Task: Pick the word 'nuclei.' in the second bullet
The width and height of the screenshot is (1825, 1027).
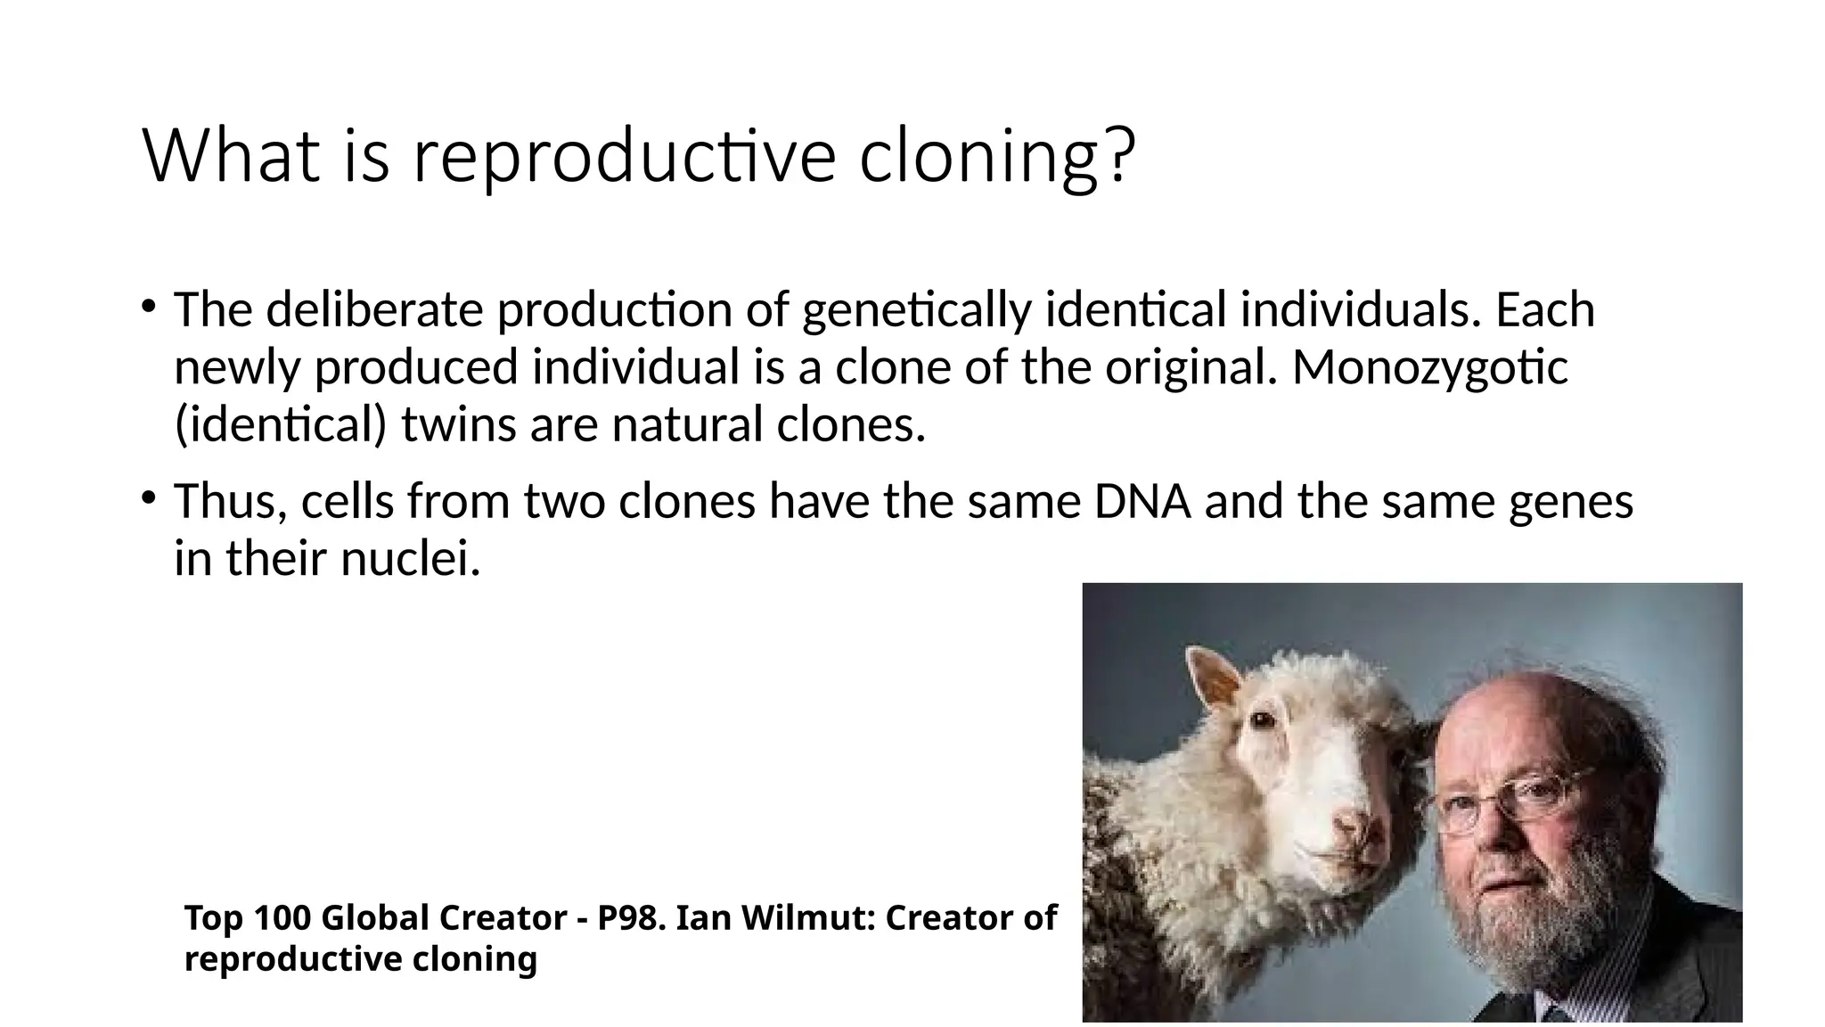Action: point(411,559)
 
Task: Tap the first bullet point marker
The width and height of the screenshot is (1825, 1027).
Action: point(149,307)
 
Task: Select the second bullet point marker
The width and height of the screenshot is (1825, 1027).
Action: point(149,497)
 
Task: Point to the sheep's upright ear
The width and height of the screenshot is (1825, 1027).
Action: point(1212,683)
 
